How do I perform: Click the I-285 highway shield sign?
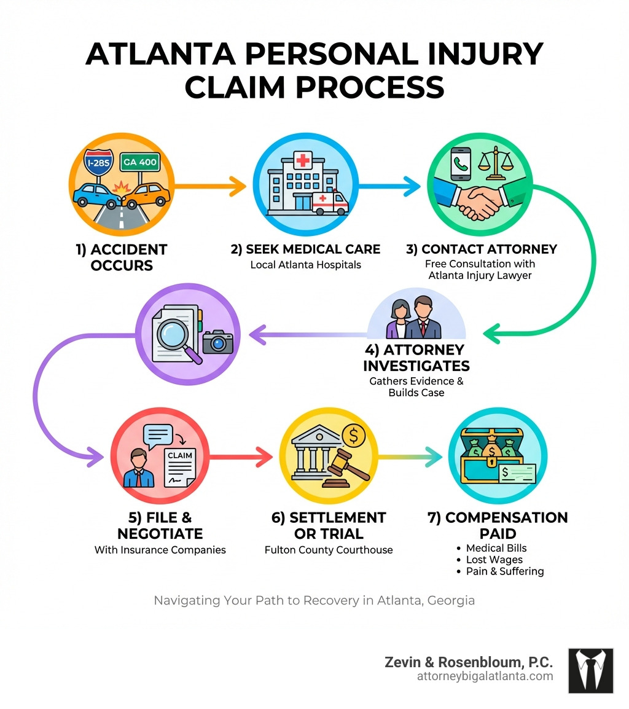coord(100,164)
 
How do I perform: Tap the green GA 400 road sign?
coord(139,163)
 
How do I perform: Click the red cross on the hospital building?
coord(303,162)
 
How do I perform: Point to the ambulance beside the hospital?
coord(330,203)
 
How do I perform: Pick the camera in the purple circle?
coord(218,341)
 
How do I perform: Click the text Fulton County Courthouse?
coord(329,550)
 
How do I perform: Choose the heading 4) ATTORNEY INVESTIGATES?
coord(416,358)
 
